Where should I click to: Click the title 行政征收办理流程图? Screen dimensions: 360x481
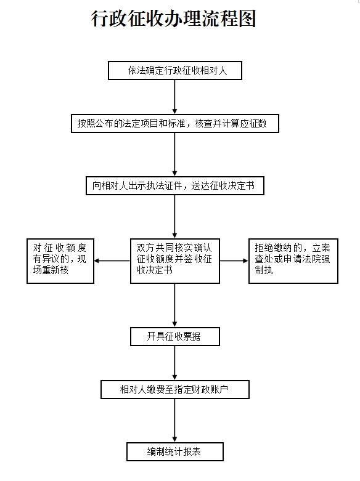[x=174, y=18]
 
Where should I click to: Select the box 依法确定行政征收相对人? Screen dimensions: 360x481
[x=175, y=71]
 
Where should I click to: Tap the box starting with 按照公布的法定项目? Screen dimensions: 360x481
[x=175, y=123]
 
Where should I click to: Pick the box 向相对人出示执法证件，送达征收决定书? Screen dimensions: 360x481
[x=175, y=185]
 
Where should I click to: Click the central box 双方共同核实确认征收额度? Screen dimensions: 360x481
[x=175, y=261]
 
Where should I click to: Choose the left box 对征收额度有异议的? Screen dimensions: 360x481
[x=60, y=261]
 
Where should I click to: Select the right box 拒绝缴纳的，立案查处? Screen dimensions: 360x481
[x=293, y=261]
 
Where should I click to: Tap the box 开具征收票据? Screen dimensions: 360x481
[x=175, y=336]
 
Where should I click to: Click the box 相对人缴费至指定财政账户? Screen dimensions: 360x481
[x=175, y=390]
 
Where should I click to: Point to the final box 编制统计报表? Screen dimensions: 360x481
[x=175, y=451]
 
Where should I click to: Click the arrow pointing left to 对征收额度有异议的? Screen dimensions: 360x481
[x=112, y=261]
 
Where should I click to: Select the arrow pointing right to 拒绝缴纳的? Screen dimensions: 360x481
[x=234, y=261]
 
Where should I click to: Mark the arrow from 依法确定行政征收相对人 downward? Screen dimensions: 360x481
[x=175, y=97]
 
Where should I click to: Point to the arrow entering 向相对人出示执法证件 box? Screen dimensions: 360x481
[x=175, y=155]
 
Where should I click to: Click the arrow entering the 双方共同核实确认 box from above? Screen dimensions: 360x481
[x=175, y=217]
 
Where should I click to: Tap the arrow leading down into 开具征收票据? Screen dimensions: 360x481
[x=175, y=305]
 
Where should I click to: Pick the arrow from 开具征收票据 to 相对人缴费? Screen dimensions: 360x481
[x=175, y=363]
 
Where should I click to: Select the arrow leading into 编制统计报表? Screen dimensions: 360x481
[x=175, y=421]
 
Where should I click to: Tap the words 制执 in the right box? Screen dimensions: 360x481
[x=264, y=270]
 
